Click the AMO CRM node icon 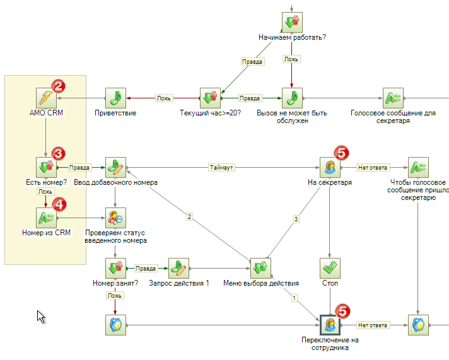click(x=46, y=98)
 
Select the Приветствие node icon click(x=115, y=98)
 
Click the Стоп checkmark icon click(x=330, y=268)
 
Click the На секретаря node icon click(x=330, y=168)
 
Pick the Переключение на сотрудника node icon click(x=330, y=325)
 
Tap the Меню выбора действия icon click(x=260, y=268)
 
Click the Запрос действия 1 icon click(x=178, y=268)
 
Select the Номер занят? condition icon click(x=115, y=268)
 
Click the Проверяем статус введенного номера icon click(x=115, y=218)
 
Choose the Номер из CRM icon click(x=46, y=218)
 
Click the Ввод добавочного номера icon click(x=115, y=168)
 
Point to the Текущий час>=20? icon click(x=210, y=98)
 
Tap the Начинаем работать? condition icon click(x=292, y=22)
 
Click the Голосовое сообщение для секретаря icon click(x=393, y=98)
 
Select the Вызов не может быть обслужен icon click(x=292, y=98)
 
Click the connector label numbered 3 click(x=295, y=219)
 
